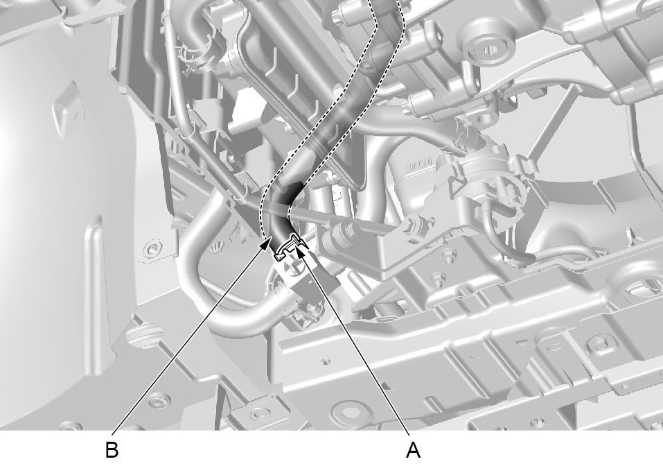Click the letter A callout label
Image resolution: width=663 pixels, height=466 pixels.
pos(413,449)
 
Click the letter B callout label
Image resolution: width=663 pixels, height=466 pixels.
pos(112,449)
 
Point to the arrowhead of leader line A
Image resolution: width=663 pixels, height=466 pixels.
pos(299,252)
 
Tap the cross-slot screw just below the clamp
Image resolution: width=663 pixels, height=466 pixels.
pos(293,267)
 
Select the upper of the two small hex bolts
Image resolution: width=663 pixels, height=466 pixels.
pos(446,256)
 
